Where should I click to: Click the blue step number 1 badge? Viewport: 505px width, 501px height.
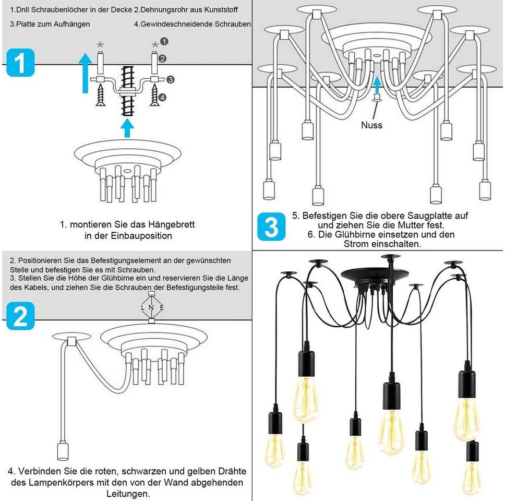coord(20,63)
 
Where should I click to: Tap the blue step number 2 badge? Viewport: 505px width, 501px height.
coord(20,316)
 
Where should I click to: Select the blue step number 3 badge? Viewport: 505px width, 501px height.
coord(271,226)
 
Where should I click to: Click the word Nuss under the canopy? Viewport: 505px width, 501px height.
coord(371,125)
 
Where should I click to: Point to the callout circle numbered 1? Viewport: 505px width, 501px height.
coord(164,41)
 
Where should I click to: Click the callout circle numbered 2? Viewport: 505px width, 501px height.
coord(162,58)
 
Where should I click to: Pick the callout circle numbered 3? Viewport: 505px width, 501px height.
coord(171,79)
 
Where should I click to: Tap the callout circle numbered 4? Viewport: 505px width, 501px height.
coord(162,97)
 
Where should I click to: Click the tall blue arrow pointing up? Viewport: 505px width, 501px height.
coord(86,73)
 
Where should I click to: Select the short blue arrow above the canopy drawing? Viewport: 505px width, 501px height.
coord(127,128)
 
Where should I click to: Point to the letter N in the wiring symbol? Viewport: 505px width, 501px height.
coord(151,307)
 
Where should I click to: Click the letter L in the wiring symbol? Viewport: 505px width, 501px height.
coord(142,307)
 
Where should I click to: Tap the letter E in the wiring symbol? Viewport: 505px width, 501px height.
coord(162,307)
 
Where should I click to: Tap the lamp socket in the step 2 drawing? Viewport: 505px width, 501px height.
coord(63,451)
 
